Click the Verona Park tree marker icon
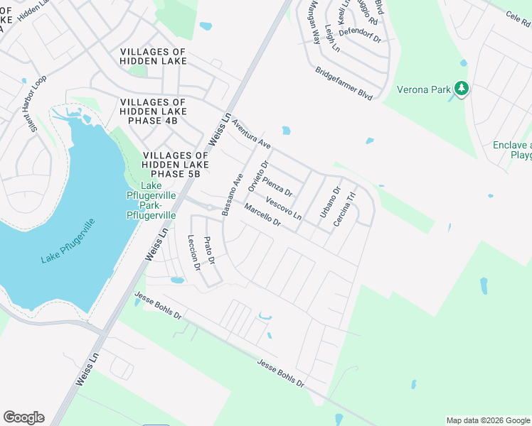point(462,89)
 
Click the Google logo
point(23,417)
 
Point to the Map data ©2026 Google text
point(488,420)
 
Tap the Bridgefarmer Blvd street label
point(344,83)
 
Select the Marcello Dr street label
point(263,216)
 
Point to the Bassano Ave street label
point(233,195)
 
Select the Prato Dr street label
point(209,251)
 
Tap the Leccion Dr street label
point(193,252)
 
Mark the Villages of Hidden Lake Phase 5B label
point(176,164)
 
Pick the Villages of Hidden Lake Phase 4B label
point(153,111)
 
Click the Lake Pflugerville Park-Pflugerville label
point(151,200)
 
